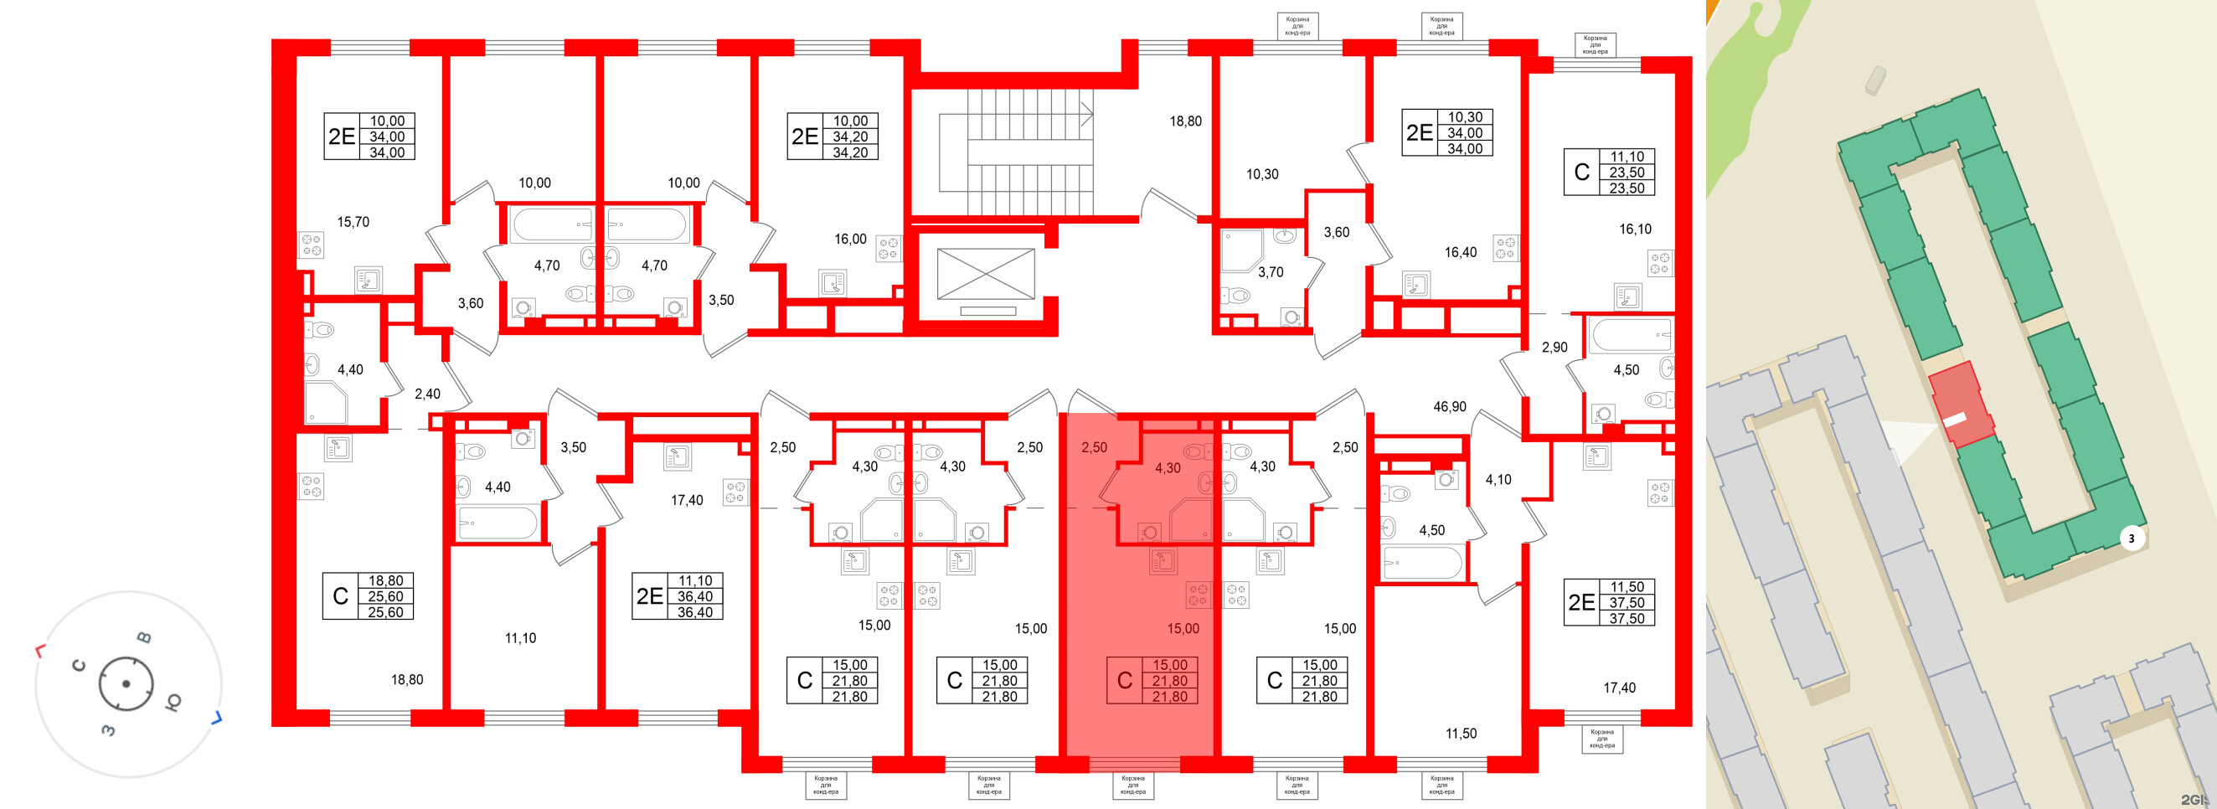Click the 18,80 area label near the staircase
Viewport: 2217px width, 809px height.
(1185, 121)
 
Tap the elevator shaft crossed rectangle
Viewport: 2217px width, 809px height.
(986, 275)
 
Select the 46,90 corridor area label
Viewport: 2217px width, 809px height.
(1449, 406)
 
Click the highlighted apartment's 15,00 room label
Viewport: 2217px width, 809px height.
(1183, 629)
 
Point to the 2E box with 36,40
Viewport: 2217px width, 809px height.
(678, 596)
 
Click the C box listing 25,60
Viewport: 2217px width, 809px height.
(368, 596)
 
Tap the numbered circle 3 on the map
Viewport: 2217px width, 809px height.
(2131, 539)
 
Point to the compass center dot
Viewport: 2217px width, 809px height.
(126, 684)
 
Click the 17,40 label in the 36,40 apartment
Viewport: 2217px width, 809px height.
(687, 500)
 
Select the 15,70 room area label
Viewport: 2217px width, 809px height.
(353, 222)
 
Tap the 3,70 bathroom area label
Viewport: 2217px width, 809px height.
(1271, 272)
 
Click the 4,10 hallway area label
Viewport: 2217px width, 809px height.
(1498, 480)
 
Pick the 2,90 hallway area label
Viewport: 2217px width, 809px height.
(1554, 348)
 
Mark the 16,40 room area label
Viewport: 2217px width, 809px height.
(1461, 252)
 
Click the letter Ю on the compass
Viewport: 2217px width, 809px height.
(173, 702)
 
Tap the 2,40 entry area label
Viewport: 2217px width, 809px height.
(427, 394)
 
